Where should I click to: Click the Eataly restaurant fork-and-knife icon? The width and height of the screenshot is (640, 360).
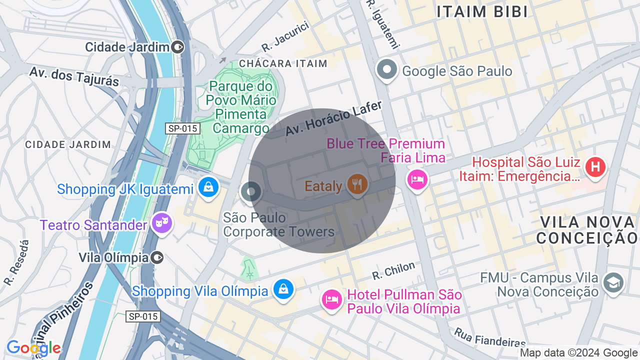pos(357,184)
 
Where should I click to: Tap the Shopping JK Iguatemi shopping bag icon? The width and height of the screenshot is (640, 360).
pos(208,187)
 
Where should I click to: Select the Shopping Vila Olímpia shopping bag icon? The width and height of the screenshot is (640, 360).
pos(283,289)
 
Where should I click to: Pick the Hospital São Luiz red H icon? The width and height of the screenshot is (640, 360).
pos(595,167)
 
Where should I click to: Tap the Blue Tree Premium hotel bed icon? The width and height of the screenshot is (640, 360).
pos(417,179)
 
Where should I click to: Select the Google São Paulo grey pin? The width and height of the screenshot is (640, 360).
pos(387,69)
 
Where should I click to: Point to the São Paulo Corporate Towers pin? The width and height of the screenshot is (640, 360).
pos(250,191)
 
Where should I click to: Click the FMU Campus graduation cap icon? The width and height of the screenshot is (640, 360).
pos(613,282)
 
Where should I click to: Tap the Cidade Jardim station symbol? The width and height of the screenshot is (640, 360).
pos(177,47)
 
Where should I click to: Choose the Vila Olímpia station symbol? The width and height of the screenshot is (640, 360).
pos(157,257)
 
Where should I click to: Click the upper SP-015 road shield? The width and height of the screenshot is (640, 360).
pos(183,128)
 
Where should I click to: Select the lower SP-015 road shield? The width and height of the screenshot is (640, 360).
pos(143,316)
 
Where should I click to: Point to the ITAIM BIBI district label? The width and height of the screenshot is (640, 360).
pos(482,12)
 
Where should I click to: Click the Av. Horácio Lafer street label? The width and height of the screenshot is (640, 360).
pos(333,118)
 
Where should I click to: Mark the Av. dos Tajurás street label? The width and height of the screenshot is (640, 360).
pos(74,76)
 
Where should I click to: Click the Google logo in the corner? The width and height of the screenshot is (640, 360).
pos(33,348)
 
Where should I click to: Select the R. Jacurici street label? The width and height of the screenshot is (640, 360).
pos(285,37)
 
